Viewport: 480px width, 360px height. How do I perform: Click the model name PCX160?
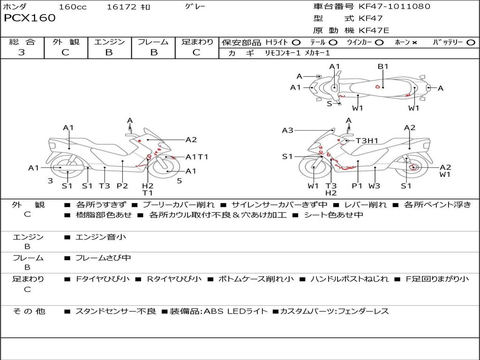tap(30, 18)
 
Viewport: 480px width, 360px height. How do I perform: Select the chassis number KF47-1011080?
tap(394, 6)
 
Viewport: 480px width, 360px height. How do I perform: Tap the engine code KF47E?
tap(374, 30)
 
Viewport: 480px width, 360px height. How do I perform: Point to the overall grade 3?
tap(22, 52)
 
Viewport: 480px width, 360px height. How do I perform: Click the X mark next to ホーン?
tap(414, 43)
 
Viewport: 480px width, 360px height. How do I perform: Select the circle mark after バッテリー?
tap(471, 43)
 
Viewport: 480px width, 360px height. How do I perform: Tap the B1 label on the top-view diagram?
tap(382, 67)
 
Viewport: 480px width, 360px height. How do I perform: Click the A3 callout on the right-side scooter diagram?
tap(287, 130)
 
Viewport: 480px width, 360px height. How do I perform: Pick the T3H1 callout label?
tap(367, 141)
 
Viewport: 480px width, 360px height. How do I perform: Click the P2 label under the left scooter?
tap(122, 186)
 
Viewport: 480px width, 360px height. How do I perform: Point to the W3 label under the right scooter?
tap(374, 186)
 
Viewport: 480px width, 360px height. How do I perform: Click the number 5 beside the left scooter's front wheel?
tap(180, 181)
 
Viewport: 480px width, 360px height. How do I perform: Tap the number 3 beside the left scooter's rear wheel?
tap(50, 181)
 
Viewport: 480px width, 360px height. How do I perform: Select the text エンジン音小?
tap(101, 237)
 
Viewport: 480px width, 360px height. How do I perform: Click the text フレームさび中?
tap(103, 258)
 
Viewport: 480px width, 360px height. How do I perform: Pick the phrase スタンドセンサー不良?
tap(116, 311)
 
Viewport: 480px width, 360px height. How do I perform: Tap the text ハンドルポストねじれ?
tap(349, 279)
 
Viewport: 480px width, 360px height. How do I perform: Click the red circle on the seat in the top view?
tap(377, 87)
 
